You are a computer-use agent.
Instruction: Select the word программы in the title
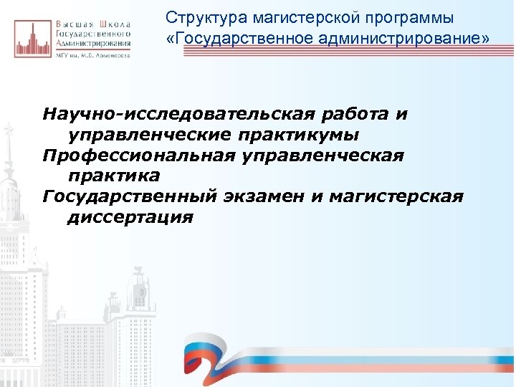pyautogui.click(x=410, y=16)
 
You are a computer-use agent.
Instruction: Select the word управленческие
pyautogui.click(x=149, y=135)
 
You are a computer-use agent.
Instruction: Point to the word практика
pyautogui.click(x=113, y=176)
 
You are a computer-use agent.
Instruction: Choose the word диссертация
pyautogui.click(x=130, y=216)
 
